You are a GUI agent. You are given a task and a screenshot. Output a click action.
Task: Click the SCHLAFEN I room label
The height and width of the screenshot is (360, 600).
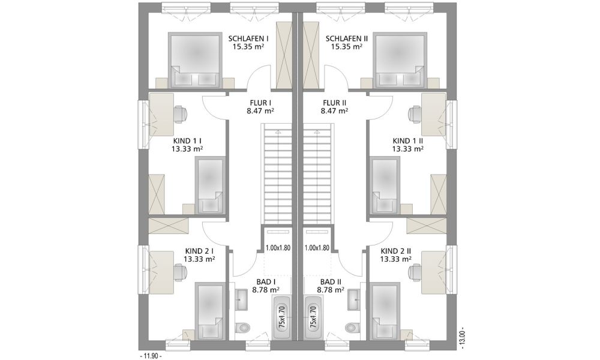coord(248,38)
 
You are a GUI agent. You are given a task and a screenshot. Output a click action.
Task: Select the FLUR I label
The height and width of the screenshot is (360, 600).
coord(260,103)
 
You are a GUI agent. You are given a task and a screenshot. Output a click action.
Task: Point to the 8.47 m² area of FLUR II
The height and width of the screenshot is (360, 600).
coord(334,111)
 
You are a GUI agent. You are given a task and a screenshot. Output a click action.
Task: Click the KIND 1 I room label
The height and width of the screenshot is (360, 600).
coord(187,141)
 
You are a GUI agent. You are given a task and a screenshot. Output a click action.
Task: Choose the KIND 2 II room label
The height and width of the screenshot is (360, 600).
coord(396,251)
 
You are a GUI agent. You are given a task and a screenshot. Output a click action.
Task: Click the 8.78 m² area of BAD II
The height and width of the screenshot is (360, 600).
coord(331,290)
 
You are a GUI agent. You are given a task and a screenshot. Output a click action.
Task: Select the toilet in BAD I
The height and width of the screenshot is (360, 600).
coord(242,328)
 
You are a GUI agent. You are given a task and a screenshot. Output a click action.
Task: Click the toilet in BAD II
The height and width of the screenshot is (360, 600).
coord(351,328)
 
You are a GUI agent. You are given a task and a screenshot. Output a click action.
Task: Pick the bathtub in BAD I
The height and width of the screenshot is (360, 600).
coord(282,317)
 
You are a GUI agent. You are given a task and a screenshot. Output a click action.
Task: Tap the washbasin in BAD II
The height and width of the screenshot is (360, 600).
coord(354,299)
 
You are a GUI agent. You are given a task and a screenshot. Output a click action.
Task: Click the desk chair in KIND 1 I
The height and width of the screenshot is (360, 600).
coord(181,113)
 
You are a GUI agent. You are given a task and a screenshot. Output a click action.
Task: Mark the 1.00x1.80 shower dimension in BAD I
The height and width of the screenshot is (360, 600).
coord(278,248)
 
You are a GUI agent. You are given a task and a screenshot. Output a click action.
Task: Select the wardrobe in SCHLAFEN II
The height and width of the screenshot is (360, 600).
coord(311,55)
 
